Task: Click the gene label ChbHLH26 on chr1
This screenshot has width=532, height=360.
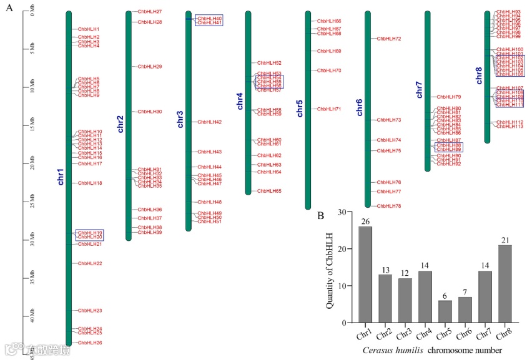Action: coord(90,343)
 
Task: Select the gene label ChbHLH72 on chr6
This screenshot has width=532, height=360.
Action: coord(389,39)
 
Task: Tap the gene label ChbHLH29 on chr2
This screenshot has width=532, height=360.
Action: coord(150,66)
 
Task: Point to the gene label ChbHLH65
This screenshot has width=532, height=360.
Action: coord(269,191)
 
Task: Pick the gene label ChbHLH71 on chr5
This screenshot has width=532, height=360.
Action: coord(329,109)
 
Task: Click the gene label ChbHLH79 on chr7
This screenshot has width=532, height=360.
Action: coord(449,97)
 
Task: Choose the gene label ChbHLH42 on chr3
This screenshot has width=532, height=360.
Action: coord(210,122)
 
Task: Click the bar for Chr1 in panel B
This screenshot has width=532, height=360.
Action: coord(365,275)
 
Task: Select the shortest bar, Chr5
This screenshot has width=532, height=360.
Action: coord(445,311)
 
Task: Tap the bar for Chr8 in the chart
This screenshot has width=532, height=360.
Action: coord(505,284)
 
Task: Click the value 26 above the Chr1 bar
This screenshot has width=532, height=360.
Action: coord(365,221)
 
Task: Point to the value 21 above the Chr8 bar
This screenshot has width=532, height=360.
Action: coord(505,240)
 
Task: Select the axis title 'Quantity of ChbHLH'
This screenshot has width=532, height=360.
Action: coord(330,268)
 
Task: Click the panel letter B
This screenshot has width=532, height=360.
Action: coord(320,216)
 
